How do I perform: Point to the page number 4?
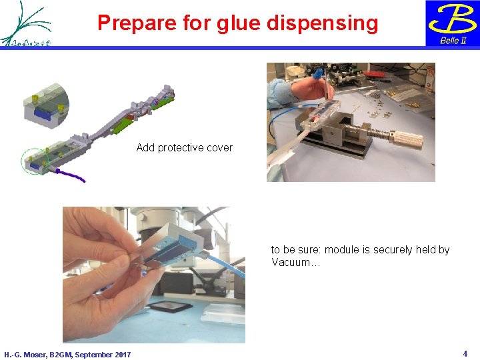pos(465,353)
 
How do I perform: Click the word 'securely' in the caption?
pos(395,250)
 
